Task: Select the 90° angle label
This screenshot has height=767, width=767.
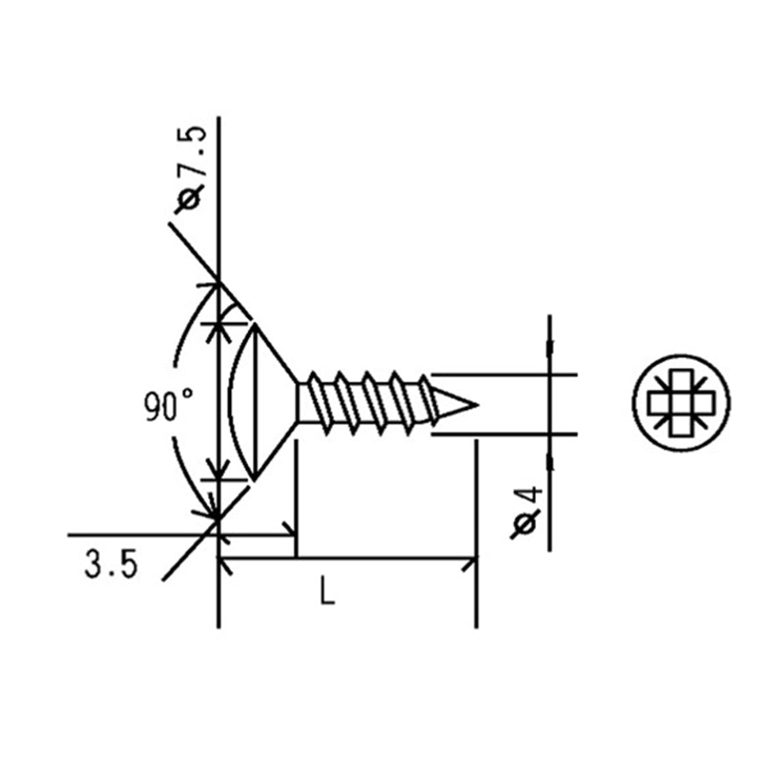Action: click(x=169, y=407)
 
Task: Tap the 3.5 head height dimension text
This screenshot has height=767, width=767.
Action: click(x=111, y=565)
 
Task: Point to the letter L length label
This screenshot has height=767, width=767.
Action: click(x=327, y=591)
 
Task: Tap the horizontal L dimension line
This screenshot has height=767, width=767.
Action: click(x=383, y=560)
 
